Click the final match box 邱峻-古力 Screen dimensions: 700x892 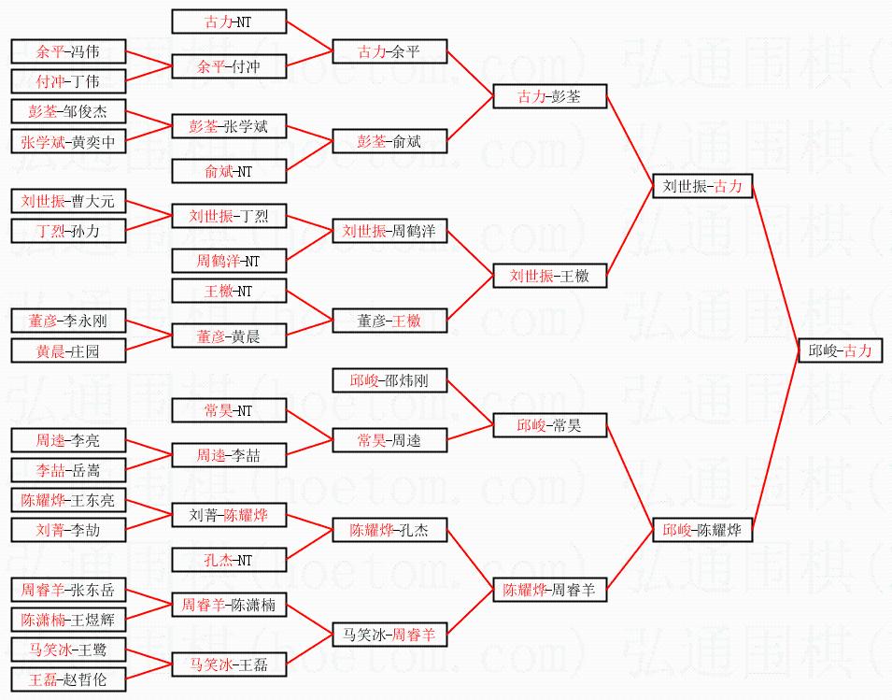click(x=840, y=350)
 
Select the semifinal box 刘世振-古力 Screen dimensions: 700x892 click(x=701, y=186)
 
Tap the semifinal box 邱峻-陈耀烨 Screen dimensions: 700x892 click(x=701, y=530)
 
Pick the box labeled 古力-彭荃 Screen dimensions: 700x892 click(x=549, y=96)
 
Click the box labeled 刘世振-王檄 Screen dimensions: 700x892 click(x=549, y=276)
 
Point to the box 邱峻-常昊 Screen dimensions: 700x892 click(x=549, y=425)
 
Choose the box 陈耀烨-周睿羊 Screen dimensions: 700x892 click(x=549, y=590)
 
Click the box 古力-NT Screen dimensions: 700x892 click(x=229, y=21)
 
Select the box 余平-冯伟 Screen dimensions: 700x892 click(x=67, y=51)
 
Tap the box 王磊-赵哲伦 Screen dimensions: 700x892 click(x=67, y=679)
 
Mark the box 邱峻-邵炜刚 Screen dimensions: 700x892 click(x=389, y=380)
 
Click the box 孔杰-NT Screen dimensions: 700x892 click(x=229, y=560)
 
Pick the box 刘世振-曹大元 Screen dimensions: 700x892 click(x=67, y=201)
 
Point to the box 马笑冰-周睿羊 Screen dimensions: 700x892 click(x=389, y=635)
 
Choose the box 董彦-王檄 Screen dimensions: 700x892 click(x=389, y=321)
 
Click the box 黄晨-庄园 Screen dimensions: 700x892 click(x=67, y=350)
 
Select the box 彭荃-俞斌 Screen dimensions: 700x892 click(x=389, y=141)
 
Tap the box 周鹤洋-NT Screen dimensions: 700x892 click(x=229, y=261)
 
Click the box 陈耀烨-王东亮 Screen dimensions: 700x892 click(x=67, y=500)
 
